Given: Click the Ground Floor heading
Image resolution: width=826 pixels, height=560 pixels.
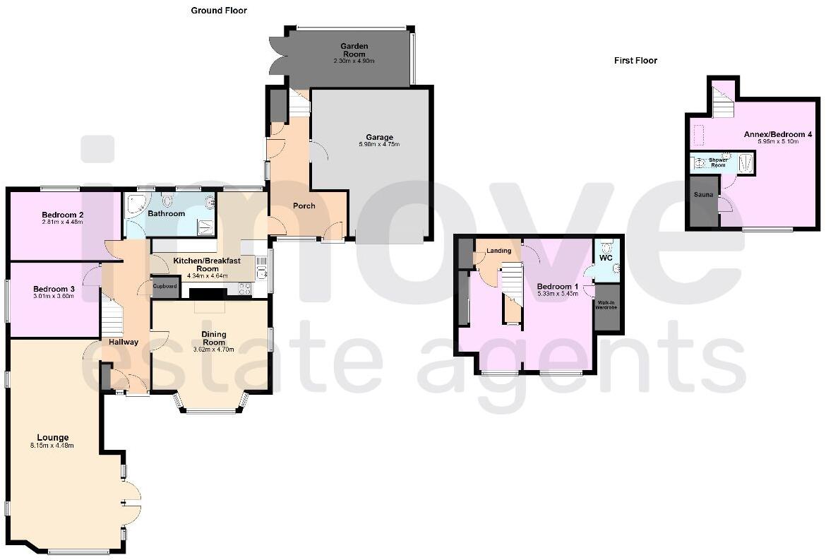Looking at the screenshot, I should coord(219,11).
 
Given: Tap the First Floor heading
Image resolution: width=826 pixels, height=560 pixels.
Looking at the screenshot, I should coord(635,61).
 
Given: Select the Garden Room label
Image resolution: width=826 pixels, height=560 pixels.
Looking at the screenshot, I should coord(355,49).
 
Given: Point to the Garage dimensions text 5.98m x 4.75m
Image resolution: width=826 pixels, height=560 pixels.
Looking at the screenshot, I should coord(379,145).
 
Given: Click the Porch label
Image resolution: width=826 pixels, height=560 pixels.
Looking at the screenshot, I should coord(304,206).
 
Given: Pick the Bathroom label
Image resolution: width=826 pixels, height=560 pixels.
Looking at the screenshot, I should coord(167,213).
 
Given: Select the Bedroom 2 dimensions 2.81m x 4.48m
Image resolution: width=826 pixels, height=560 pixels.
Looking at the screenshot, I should coord(62,222).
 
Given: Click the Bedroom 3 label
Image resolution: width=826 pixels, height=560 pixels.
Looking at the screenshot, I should coord(54,289).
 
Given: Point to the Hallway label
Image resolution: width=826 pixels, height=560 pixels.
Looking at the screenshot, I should coord(124,342).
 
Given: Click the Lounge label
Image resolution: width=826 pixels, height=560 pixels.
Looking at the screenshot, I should coord(53,438).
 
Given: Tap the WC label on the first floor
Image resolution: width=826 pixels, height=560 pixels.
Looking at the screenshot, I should coord(606,258).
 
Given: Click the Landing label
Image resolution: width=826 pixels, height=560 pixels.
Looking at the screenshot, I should coord(499,251).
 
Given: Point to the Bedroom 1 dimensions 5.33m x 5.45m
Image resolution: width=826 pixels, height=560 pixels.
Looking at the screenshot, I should coord(557,292).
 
